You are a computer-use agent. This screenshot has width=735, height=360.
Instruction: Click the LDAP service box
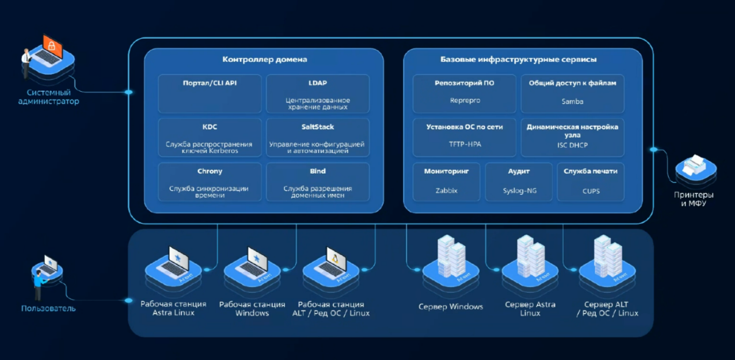coord(318,93)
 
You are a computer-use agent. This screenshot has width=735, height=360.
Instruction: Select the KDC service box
coord(210,138)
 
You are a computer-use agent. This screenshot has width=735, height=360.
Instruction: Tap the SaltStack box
coord(318,138)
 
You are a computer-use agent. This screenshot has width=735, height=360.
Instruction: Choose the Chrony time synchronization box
coord(210,182)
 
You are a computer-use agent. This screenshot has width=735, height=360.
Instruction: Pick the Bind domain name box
coord(318,182)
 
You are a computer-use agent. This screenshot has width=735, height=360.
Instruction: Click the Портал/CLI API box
coord(210,93)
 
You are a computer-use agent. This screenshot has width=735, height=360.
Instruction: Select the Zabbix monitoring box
coord(446,182)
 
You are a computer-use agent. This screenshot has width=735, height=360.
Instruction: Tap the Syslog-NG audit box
coord(519,182)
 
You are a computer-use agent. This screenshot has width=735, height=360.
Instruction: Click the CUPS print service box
coord(590,182)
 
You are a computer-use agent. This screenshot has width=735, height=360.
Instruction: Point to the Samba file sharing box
coord(572,93)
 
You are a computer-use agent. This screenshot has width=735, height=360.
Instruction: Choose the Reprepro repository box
coord(464,93)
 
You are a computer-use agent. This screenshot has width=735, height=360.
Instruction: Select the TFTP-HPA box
coord(464,138)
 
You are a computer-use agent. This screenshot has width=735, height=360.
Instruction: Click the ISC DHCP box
coord(572,138)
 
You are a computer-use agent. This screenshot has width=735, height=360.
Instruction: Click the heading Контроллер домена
coord(264,60)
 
